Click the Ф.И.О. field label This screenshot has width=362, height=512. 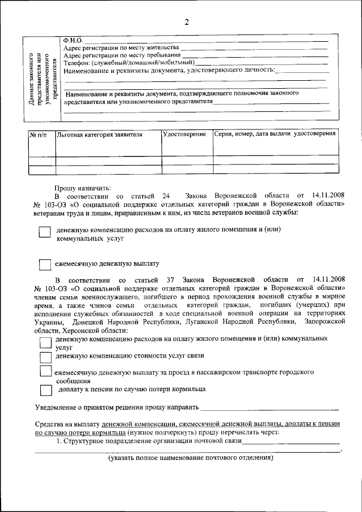(x=73, y=40)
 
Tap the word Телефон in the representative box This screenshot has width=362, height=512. (x=76, y=62)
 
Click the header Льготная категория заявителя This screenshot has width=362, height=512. (x=99, y=135)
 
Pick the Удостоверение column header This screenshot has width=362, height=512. (x=184, y=135)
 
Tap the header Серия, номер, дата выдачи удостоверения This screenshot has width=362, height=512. (x=275, y=134)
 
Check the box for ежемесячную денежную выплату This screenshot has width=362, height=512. (x=45, y=264)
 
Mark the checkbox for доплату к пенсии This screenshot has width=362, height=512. (x=46, y=390)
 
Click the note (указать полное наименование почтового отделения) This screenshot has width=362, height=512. (x=191, y=458)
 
